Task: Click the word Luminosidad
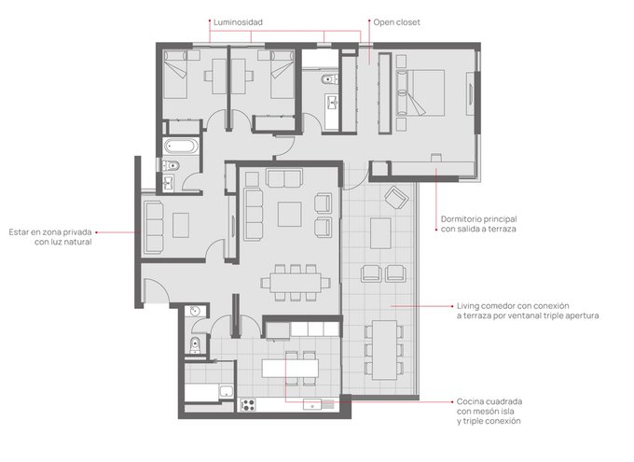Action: click(x=238, y=22)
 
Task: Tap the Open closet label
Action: click(x=396, y=22)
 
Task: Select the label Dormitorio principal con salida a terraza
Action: click(x=478, y=224)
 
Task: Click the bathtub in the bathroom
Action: click(x=181, y=147)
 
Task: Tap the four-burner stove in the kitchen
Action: click(x=248, y=405)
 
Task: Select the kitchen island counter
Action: click(x=290, y=369)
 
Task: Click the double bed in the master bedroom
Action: click(x=420, y=92)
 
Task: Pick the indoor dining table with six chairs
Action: click(x=296, y=283)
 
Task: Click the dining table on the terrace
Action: click(x=384, y=350)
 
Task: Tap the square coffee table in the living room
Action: click(x=290, y=215)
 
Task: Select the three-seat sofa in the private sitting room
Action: click(x=154, y=228)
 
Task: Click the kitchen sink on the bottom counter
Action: click(x=312, y=405)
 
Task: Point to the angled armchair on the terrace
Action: click(x=396, y=198)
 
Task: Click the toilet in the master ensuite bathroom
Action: click(x=330, y=79)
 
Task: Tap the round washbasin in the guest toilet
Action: click(x=196, y=312)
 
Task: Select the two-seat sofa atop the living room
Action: click(x=284, y=178)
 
